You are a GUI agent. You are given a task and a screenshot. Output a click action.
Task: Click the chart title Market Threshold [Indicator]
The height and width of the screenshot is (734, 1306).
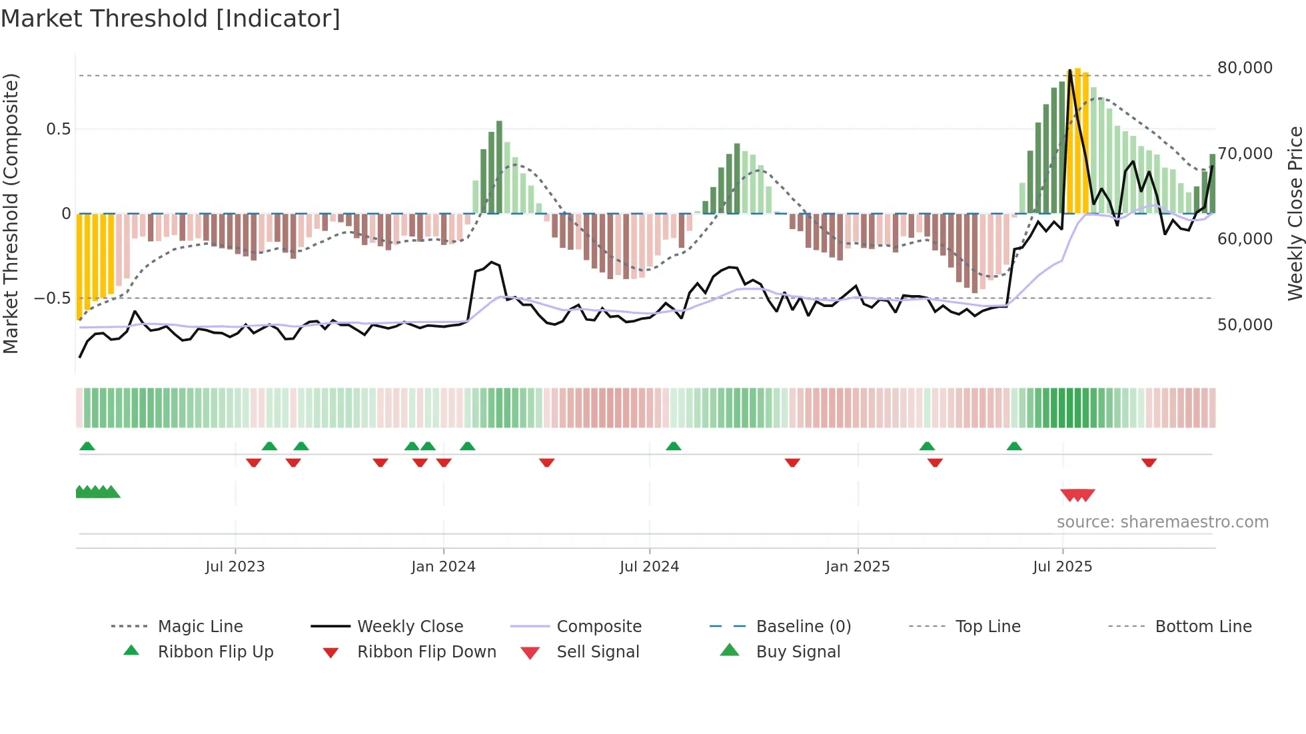[171, 19]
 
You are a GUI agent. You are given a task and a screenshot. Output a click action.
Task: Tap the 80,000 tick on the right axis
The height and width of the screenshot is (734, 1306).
[1245, 68]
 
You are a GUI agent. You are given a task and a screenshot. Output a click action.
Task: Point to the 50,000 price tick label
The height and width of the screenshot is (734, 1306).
[1245, 325]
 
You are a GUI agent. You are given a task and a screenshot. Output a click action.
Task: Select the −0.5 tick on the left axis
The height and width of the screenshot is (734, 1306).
[52, 298]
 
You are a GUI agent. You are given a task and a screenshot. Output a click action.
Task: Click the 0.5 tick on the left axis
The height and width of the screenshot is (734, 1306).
[58, 129]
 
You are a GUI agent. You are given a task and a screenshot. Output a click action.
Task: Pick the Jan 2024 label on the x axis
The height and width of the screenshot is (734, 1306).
[443, 567]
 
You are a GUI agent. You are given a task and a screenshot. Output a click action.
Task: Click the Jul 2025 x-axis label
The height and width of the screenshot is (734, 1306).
[1062, 567]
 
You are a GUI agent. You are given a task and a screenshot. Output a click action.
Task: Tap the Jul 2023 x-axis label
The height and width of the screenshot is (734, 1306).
[235, 567]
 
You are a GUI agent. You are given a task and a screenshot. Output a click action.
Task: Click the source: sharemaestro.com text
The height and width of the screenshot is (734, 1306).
[1162, 522]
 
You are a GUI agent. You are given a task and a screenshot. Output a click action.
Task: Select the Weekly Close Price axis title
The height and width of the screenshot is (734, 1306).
[1294, 213]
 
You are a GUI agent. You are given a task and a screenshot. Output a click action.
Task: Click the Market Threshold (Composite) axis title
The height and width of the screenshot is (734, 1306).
[11, 213]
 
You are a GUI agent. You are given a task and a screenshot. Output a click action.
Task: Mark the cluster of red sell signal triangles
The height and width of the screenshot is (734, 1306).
[1077, 495]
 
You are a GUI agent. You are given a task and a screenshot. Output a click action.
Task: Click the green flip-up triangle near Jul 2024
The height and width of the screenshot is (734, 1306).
[673, 446]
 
